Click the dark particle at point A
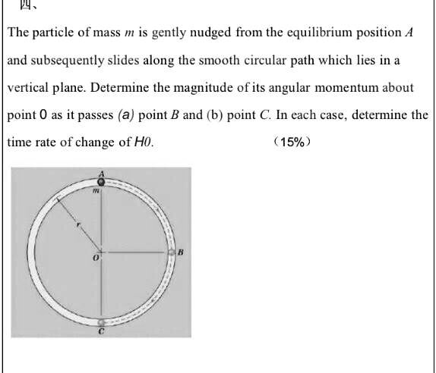pyautogui.click(x=100, y=181)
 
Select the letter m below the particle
pyautogui.click(x=96, y=193)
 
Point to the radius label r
pyautogui.click(x=77, y=224)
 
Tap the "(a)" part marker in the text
pyautogui.click(x=127, y=115)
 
